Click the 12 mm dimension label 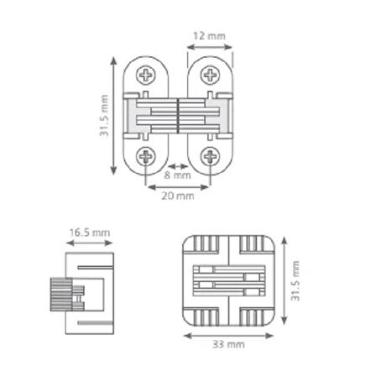(x=209, y=36)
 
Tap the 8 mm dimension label (x=177, y=175)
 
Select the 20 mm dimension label (x=178, y=196)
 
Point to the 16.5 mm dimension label (x=90, y=232)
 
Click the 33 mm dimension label (x=228, y=344)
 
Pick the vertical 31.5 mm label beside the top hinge (x=104, y=116)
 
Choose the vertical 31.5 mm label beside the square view (x=295, y=281)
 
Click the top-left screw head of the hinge (x=146, y=75)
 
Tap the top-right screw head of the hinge (x=210, y=75)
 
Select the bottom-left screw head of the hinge (x=146, y=156)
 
